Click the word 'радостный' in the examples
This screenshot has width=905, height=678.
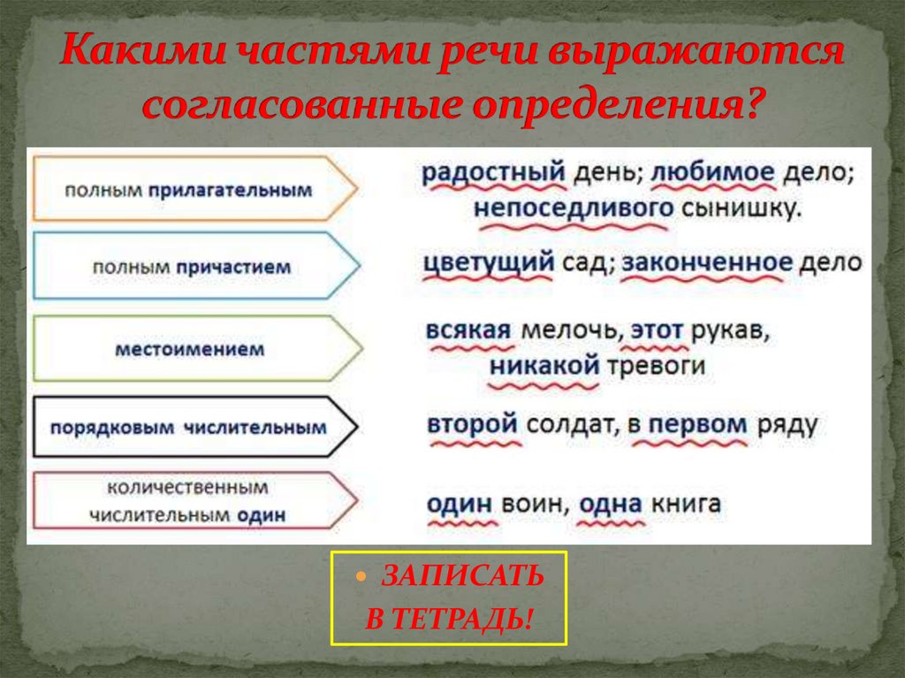click(x=493, y=172)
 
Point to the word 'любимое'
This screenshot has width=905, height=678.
click(x=713, y=172)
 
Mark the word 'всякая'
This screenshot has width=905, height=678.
click(x=468, y=331)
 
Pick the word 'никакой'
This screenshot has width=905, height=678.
click(x=544, y=365)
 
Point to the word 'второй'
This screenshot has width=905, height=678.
click(x=471, y=423)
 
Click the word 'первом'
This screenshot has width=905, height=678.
click(x=697, y=423)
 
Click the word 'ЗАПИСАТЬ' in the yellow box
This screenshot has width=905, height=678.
click(x=463, y=576)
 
